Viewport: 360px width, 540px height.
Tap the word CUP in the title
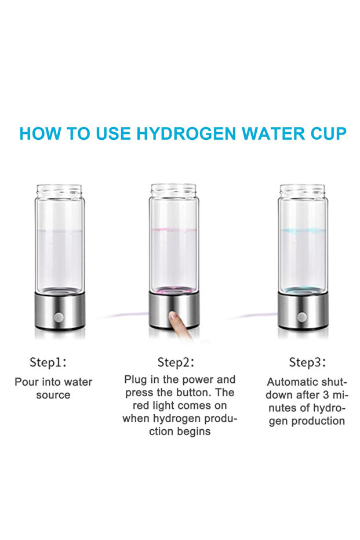coord(328,133)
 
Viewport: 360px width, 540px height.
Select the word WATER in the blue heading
coord(273,133)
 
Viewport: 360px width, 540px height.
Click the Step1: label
coord(48,363)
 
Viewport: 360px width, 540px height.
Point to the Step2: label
coord(176,363)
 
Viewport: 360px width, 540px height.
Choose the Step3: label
coord(307,363)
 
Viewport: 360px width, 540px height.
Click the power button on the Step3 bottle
coord(301,317)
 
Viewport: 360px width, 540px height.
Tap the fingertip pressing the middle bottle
coord(174,316)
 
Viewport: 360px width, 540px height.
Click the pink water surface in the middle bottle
coord(174,230)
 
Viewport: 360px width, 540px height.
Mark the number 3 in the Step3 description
coord(326,395)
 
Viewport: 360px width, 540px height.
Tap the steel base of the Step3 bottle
coord(303,311)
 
